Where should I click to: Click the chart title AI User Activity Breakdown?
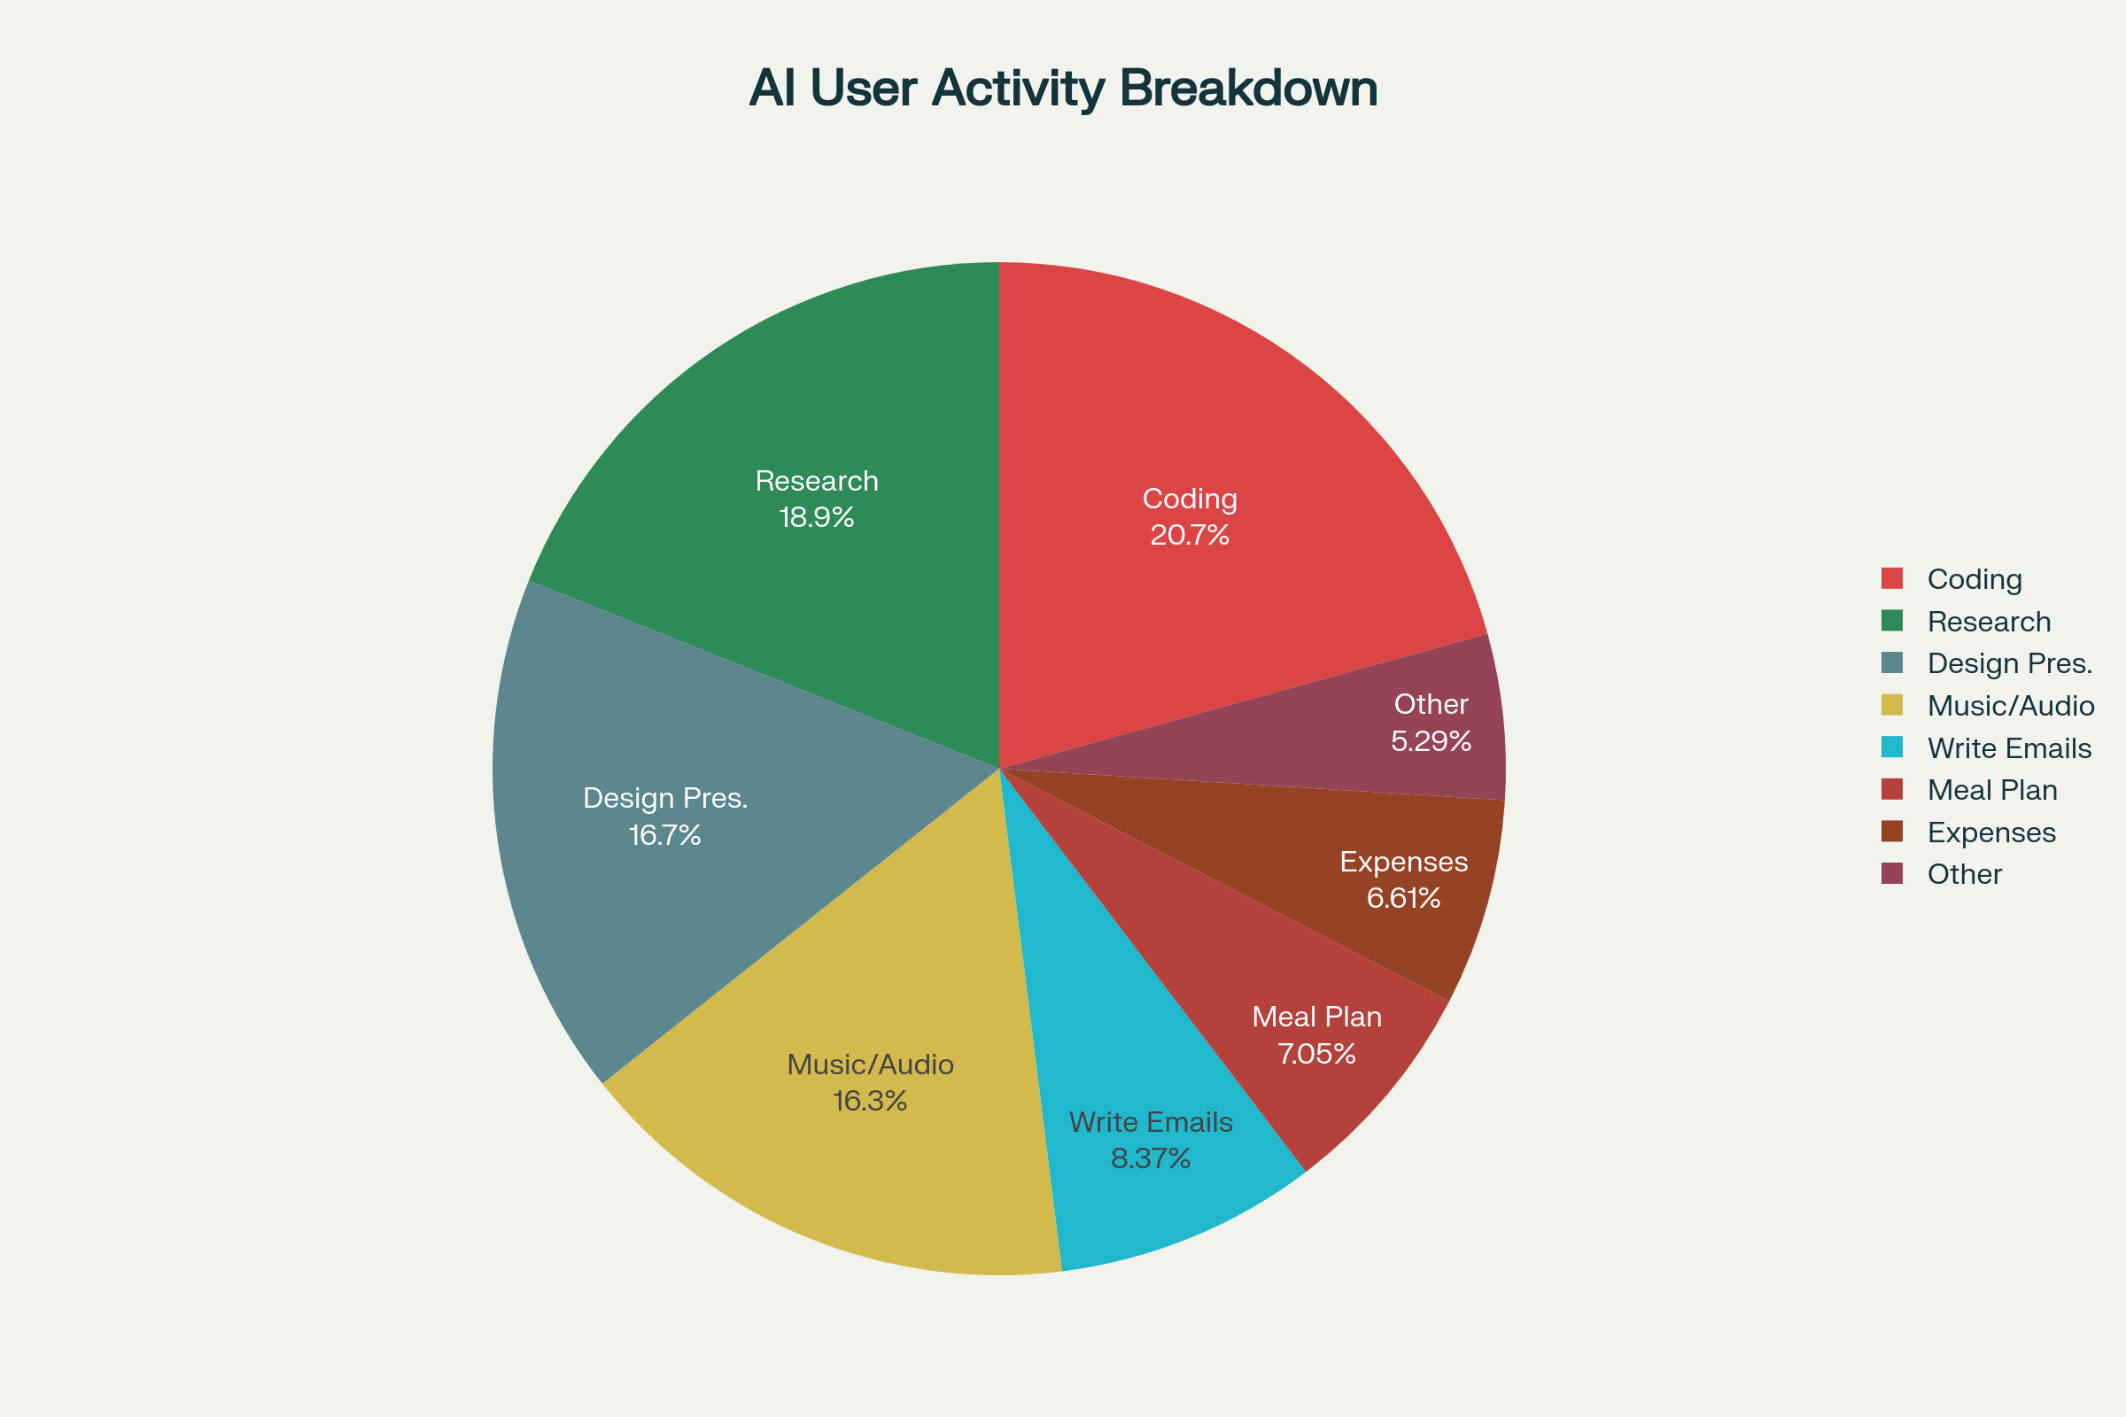[x=1063, y=89]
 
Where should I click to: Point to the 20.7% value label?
[x=1190, y=536]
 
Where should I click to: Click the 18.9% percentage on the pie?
[x=816, y=518]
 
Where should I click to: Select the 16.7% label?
[x=665, y=835]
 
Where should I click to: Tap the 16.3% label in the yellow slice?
[x=870, y=1102]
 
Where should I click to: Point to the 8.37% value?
[x=1151, y=1158]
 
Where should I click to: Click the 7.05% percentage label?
[x=1316, y=1054]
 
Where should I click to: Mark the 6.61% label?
[x=1403, y=898]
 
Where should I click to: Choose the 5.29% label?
[x=1431, y=742]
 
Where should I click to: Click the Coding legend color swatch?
[x=1892, y=578]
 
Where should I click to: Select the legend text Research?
[x=1989, y=622]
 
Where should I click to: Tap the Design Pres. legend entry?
[x=2009, y=663]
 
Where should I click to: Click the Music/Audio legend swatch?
[x=1892, y=705]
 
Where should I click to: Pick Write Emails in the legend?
[x=2008, y=748]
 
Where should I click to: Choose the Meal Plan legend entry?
[x=1992, y=790]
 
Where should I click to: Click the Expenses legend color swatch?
[x=1892, y=832]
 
